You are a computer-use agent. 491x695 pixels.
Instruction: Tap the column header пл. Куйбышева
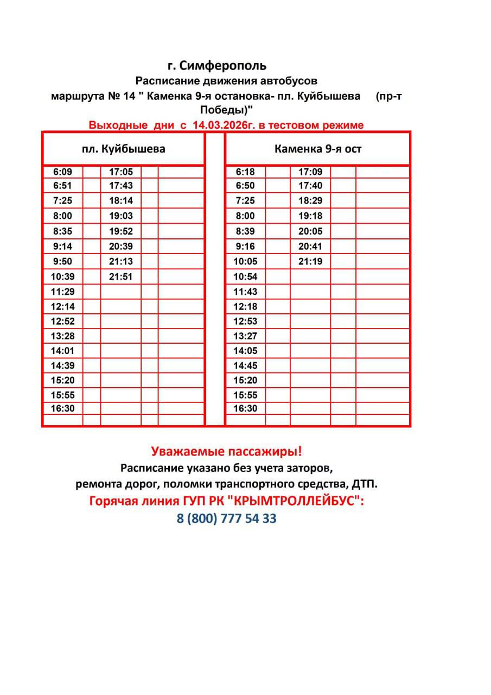124,148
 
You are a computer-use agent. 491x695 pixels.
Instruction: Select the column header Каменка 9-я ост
317,148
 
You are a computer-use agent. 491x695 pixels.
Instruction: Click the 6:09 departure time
62,172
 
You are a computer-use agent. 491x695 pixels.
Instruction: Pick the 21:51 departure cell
121,276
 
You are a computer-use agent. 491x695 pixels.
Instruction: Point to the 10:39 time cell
62,276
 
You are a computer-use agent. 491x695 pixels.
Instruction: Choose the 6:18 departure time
245,172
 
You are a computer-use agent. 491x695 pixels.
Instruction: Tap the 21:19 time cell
310,261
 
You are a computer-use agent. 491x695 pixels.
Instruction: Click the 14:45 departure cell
245,365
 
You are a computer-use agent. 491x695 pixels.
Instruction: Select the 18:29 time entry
310,200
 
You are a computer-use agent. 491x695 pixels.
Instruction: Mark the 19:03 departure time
121,216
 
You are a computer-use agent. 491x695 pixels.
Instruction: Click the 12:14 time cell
62,306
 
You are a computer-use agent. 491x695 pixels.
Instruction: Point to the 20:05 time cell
310,231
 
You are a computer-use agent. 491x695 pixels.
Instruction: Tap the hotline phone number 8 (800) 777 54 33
227,519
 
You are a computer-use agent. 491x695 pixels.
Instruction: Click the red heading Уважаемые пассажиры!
226,451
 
